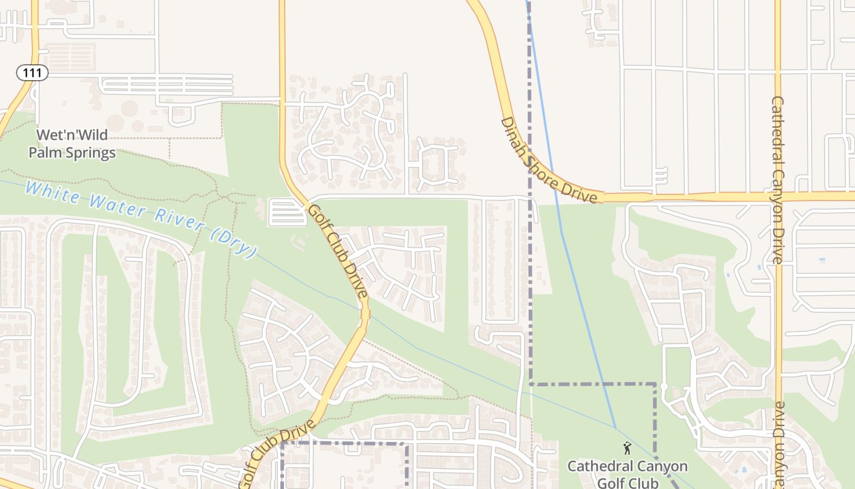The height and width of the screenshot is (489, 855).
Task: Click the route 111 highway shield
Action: coord(32,73)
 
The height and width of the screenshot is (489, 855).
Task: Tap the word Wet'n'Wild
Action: coord(72,135)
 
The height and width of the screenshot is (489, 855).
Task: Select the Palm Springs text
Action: coord(72,152)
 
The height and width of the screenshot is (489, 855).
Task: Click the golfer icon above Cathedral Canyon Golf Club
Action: coord(627,449)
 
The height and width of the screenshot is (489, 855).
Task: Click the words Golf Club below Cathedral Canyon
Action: coord(627,483)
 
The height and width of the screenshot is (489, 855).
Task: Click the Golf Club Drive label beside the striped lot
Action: coord(337,251)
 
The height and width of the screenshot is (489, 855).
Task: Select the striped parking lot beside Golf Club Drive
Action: coord(287,212)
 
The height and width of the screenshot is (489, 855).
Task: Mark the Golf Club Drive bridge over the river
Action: coord(365,314)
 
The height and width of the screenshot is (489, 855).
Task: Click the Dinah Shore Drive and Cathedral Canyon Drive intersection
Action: coord(778,196)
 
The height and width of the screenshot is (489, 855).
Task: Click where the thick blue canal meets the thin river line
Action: coord(616,427)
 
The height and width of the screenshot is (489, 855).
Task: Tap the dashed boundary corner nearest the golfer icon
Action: coord(655,384)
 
